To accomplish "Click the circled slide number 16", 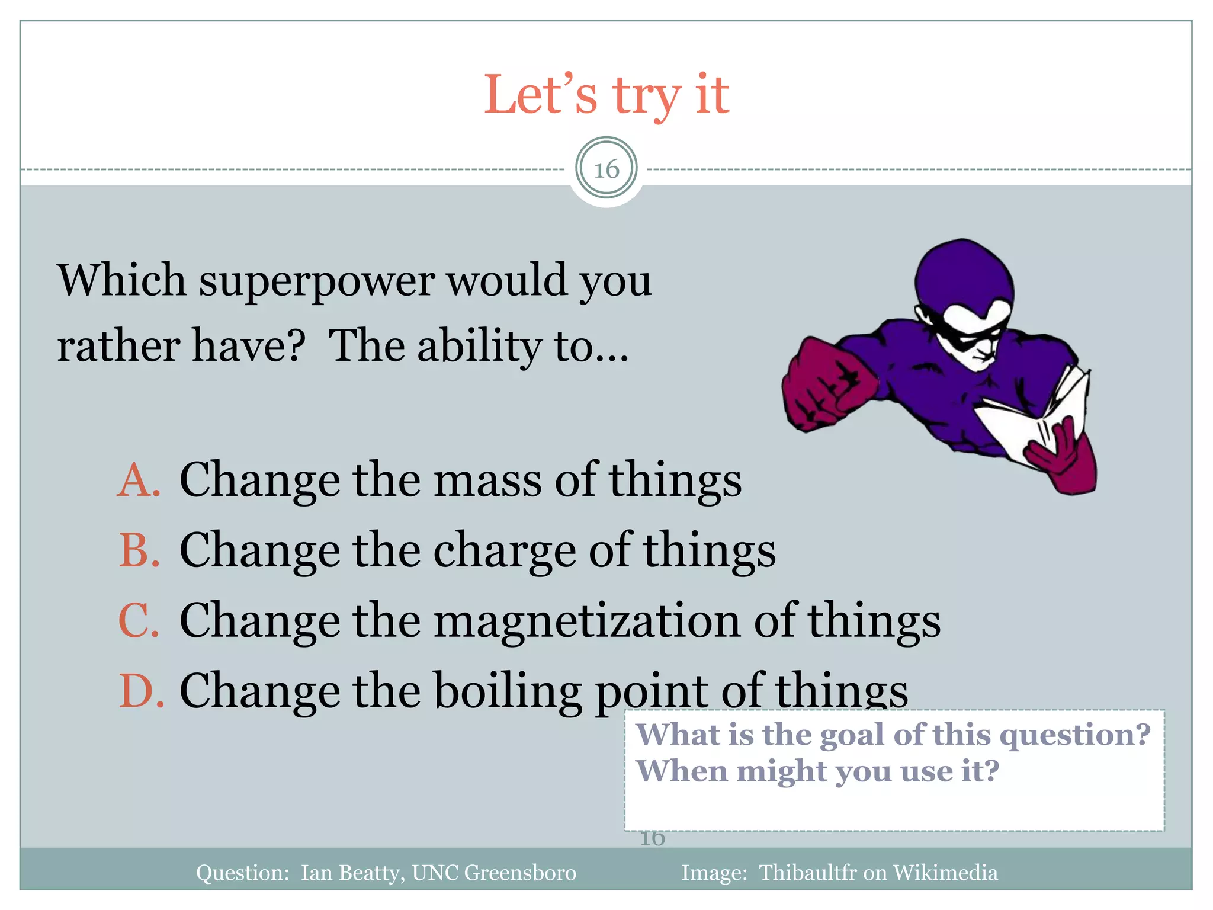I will pos(606,169).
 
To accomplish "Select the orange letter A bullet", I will pos(139,480).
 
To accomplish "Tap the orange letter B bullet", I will pos(139,550).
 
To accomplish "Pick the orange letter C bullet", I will pos(139,620).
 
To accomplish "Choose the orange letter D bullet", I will pos(141,691).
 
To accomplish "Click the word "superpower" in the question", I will pos(317,281).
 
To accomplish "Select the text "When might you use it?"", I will pos(817,771).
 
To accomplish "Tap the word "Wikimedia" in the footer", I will pos(945,873).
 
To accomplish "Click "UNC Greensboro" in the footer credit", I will pos(493,873).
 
